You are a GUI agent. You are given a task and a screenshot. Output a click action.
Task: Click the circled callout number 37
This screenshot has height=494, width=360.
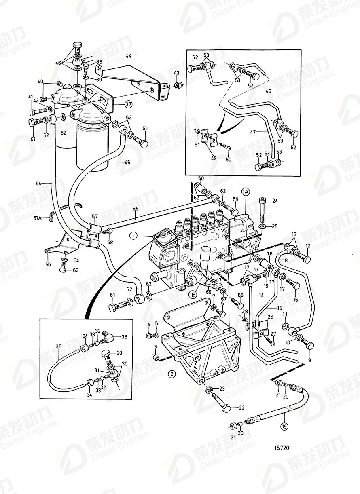pyautogui.click(x=128, y=104)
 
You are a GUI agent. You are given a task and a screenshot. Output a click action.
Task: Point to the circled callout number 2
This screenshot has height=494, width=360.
pyautogui.click(x=172, y=374)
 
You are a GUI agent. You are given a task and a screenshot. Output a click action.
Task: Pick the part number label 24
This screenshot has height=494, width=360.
pyautogui.click(x=275, y=201)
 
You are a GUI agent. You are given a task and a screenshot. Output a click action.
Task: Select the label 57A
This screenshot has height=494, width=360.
pyautogui.click(x=37, y=218)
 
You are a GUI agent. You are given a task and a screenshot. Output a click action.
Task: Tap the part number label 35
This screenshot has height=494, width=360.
pyautogui.click(x=59, y=346)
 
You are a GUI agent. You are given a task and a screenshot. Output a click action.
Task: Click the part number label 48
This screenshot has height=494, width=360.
pyautogui.click(x=268, y=91)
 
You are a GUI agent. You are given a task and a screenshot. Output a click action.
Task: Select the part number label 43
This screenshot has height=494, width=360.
pyautogui.click(x=176, y=73)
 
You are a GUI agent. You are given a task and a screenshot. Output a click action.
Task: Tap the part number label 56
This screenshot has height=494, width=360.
pyautogui.click(x=49, y=264)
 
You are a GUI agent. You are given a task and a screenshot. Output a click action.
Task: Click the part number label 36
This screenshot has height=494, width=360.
pyautogui.click(x=124, y=336)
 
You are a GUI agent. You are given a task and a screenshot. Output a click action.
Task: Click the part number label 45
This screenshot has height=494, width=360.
pyautogui.click(x=127, y=163)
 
